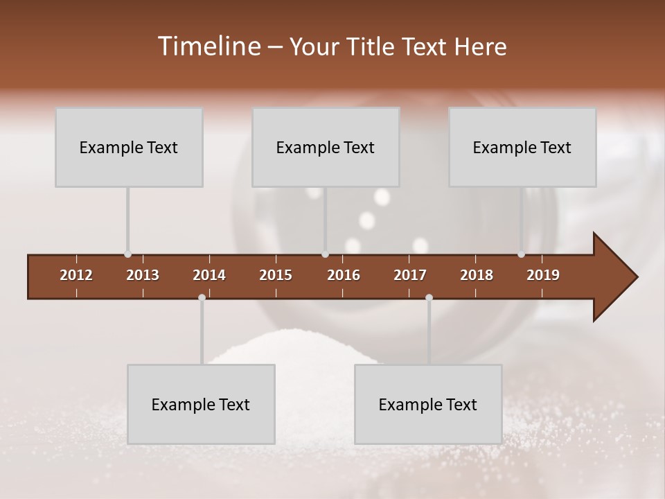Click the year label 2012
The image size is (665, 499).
[x=76, y=275]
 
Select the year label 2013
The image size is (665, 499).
[x=143, y=275]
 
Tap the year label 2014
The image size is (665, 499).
[x=209, y=275]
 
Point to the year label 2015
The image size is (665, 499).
[x=276, y=275]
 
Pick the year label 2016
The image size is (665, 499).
[x=344, y=275]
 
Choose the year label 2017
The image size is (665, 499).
[x=410, y=275]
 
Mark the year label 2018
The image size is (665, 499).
[x=477, y=275]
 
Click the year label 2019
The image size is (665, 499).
[x=543, y=275]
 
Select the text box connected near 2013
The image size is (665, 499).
[x=129, y=147]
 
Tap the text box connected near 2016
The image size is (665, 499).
[x=326, y=147]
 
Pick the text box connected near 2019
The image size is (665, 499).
[x=522, y=147]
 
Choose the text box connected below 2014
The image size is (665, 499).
[x=201, y=404]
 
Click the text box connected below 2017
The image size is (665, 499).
[x=428, y=404]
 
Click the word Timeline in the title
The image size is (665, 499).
[x=207, y=46]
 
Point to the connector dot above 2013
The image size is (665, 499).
[x=127, y=254]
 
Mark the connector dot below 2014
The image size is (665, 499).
[x=202, y=298]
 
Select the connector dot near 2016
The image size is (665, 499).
[x=325, y=254]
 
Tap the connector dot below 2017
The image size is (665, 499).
[x=429, y=298]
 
